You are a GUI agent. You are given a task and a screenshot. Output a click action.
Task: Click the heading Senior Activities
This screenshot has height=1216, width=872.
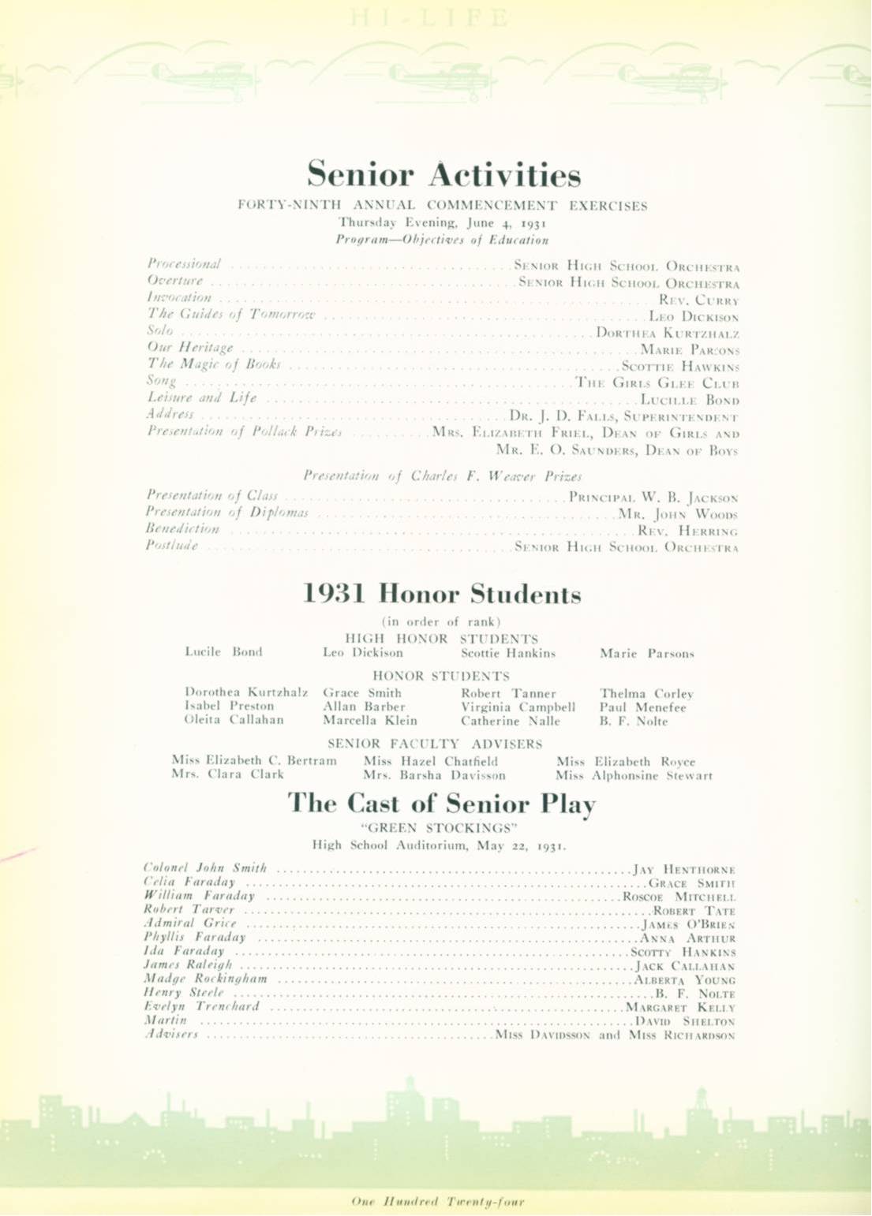click(x=443, y=174)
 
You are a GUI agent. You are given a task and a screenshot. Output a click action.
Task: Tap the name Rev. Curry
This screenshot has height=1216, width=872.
click(x=698, y=300)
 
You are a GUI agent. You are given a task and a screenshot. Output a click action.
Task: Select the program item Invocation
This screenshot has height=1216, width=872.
click(x=179, y=298)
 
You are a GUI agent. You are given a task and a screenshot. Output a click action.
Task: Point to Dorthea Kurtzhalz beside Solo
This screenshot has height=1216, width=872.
click(x=668, y=333)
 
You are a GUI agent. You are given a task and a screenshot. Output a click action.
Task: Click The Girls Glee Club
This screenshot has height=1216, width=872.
click(x=657, y=383)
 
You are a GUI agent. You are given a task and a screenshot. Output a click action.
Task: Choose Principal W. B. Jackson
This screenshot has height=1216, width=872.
click(x=653, y=498)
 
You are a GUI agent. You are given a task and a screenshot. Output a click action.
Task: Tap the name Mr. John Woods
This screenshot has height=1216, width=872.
click(x=678, y=514)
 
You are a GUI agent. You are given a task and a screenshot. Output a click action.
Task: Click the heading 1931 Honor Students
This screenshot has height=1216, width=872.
click(x=442, y=594)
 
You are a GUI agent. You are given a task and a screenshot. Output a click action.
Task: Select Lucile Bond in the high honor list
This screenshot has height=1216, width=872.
click(x=223, y=652)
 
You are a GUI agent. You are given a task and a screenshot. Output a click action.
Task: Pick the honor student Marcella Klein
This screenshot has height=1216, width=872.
click(x=369, y=720)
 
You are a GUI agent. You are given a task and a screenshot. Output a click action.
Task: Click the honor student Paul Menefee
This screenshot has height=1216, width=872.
click(x=642, y=707)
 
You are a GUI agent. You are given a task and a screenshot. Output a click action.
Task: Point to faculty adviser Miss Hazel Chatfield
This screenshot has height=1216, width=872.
click(x=431, y=762)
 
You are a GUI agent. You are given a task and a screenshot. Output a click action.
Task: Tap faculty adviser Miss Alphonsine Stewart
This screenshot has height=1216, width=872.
click(x=634, y=776)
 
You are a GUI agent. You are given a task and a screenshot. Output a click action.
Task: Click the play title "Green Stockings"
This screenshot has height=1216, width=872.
click(x=439, y=827)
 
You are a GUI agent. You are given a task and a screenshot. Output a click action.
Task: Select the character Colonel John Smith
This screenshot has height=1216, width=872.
click(x=205, y=868)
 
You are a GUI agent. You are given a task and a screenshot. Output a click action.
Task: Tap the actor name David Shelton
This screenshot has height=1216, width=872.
click(x=686, y=1021)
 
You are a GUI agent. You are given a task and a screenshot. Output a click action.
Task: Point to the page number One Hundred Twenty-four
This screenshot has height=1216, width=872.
click(x=437, y=1202)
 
